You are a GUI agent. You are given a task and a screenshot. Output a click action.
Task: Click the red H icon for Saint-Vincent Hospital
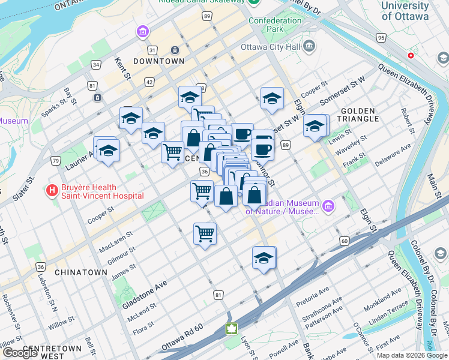tap(52, 191)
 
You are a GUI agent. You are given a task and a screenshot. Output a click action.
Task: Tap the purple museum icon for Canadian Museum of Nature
tap(328, 207)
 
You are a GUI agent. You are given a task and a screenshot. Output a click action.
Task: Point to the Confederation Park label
tap(276, 25)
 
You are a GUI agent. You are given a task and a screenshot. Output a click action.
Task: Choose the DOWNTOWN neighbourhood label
tap(158, 61)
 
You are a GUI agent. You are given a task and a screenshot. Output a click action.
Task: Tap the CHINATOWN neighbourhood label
tap(80, 272)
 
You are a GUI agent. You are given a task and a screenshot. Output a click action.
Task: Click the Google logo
tap(20, 353)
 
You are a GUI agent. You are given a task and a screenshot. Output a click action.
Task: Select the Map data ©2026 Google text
tap(411, 355)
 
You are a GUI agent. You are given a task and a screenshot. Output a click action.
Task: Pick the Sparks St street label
tap(55, 106)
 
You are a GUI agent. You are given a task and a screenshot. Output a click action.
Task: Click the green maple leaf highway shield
tap(231, 329)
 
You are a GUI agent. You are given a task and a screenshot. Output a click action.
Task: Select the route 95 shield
tap(381, 38)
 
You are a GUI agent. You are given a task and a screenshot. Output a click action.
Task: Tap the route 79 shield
tap(56, 160)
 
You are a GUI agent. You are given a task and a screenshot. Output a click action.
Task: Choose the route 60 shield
tap(344, 241)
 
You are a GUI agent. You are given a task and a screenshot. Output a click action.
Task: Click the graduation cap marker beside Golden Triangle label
tap(315, 127)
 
